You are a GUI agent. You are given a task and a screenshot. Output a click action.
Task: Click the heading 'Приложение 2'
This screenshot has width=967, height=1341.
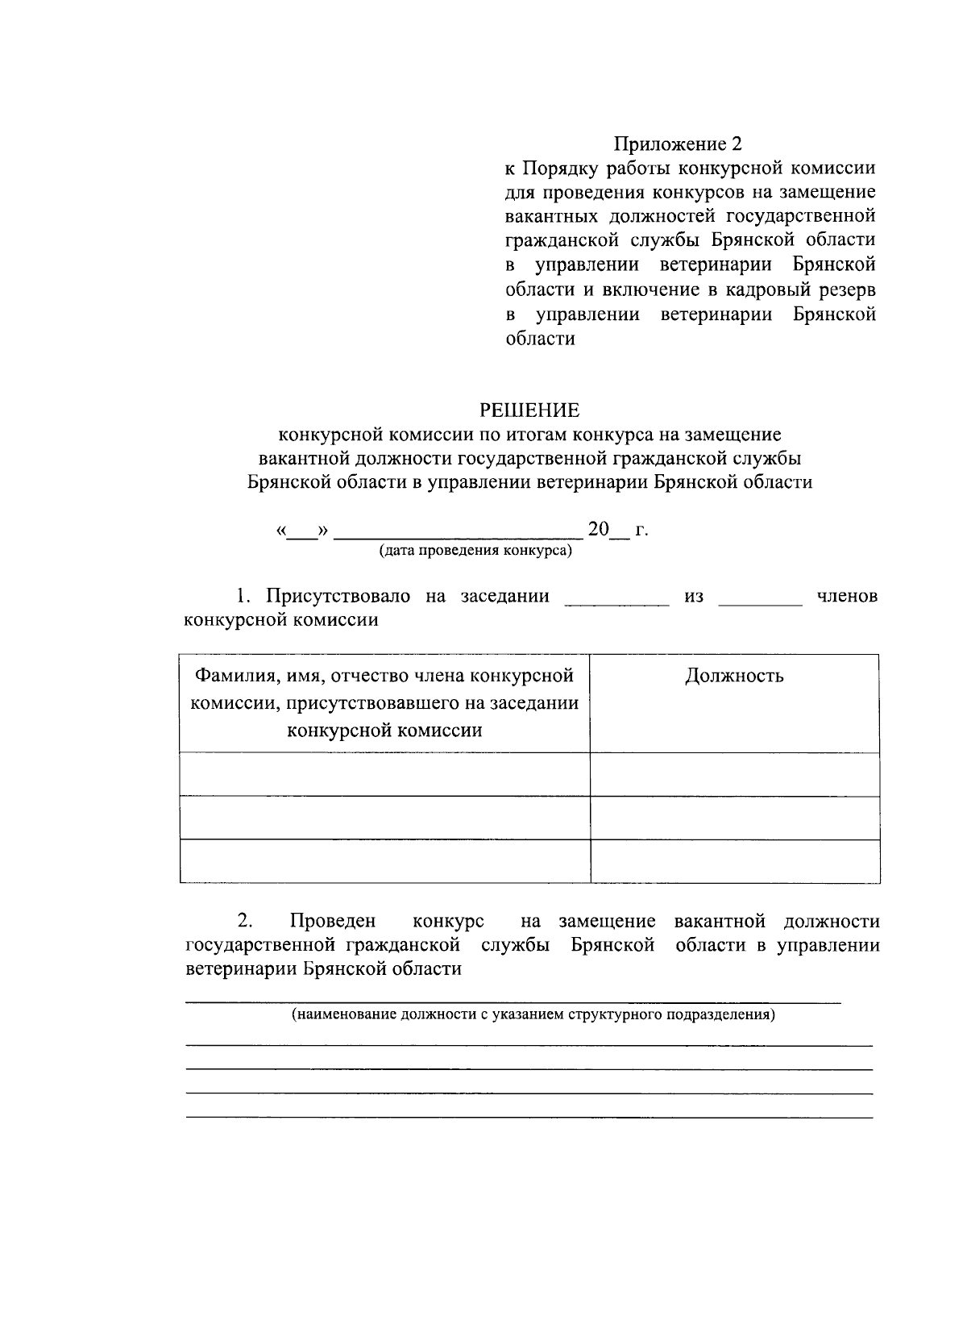(x=677, y=144)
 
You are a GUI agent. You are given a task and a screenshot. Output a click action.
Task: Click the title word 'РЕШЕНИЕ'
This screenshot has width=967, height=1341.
(x=529, y=410)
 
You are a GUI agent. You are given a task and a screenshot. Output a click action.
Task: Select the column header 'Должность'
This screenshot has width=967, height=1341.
(x=734, y=676)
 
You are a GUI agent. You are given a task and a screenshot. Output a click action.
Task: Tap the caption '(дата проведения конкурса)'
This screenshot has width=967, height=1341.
(x=475, y=551)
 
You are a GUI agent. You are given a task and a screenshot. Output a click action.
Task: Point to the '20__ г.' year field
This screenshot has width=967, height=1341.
(x=617, y=531)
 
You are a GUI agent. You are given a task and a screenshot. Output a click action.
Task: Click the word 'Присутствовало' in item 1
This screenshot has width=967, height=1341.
(x=338, y=596)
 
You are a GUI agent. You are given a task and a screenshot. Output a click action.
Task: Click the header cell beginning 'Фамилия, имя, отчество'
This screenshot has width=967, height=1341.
(x=384, y=702)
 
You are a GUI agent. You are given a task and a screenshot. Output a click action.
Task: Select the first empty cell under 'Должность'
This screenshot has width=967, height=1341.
(x=734, y=774)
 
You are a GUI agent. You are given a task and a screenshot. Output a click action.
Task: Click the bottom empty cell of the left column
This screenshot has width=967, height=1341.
(x=384, y=860)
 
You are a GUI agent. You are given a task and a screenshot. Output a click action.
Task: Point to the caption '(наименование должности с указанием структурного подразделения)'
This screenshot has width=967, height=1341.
(x=533, y=1014)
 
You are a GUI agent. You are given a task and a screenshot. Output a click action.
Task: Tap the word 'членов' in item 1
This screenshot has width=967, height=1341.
(x=847, y=596)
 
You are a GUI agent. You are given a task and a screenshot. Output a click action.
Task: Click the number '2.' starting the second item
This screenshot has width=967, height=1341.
(x=245, y=921)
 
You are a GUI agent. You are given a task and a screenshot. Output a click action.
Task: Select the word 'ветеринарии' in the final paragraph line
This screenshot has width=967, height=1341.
(x=241, y=969)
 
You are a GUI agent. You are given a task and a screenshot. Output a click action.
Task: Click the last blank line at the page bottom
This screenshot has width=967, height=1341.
(x=529, y=1116)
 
